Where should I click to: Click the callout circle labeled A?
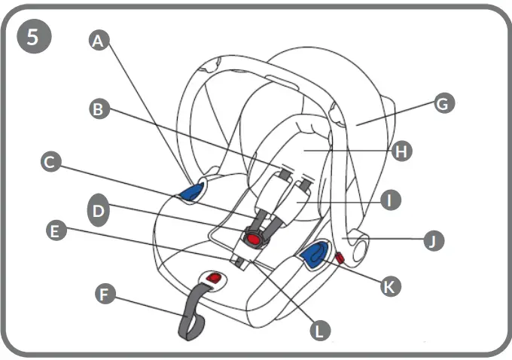96,41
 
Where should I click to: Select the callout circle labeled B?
97,109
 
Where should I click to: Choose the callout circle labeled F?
106,294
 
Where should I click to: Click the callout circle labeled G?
444,103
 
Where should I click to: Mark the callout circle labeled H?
402,151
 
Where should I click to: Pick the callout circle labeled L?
321,330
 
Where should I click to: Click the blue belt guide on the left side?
193,191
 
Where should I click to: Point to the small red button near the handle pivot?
340,258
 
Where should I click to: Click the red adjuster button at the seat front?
214,279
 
